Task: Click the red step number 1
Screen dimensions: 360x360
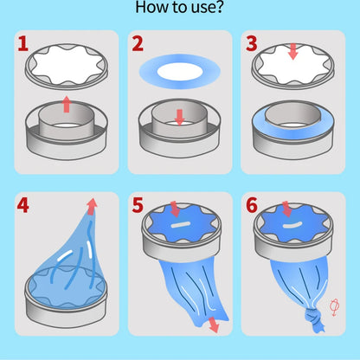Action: point(23,44)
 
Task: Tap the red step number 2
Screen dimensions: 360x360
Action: point(138,44)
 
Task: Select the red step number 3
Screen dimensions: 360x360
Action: point(252,44)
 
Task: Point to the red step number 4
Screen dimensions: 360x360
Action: point(23,205)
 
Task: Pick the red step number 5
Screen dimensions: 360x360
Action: point(138,205)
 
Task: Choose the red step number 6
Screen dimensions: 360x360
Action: point(252,205)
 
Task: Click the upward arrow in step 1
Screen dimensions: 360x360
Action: point(67,104)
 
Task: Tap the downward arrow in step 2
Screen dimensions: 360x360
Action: point(180,117)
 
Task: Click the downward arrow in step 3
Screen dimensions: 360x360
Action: point(293,52)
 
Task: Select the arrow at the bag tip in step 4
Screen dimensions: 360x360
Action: point(92,206)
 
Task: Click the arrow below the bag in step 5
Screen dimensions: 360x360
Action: point(214,325)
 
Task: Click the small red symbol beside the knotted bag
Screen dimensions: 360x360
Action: point(334,307)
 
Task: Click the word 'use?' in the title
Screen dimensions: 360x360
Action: point(204,7)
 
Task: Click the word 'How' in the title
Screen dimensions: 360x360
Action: point(150,7)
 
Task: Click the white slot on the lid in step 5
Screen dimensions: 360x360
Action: point(180,225)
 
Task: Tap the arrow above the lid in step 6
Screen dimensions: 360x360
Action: point(287,209)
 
